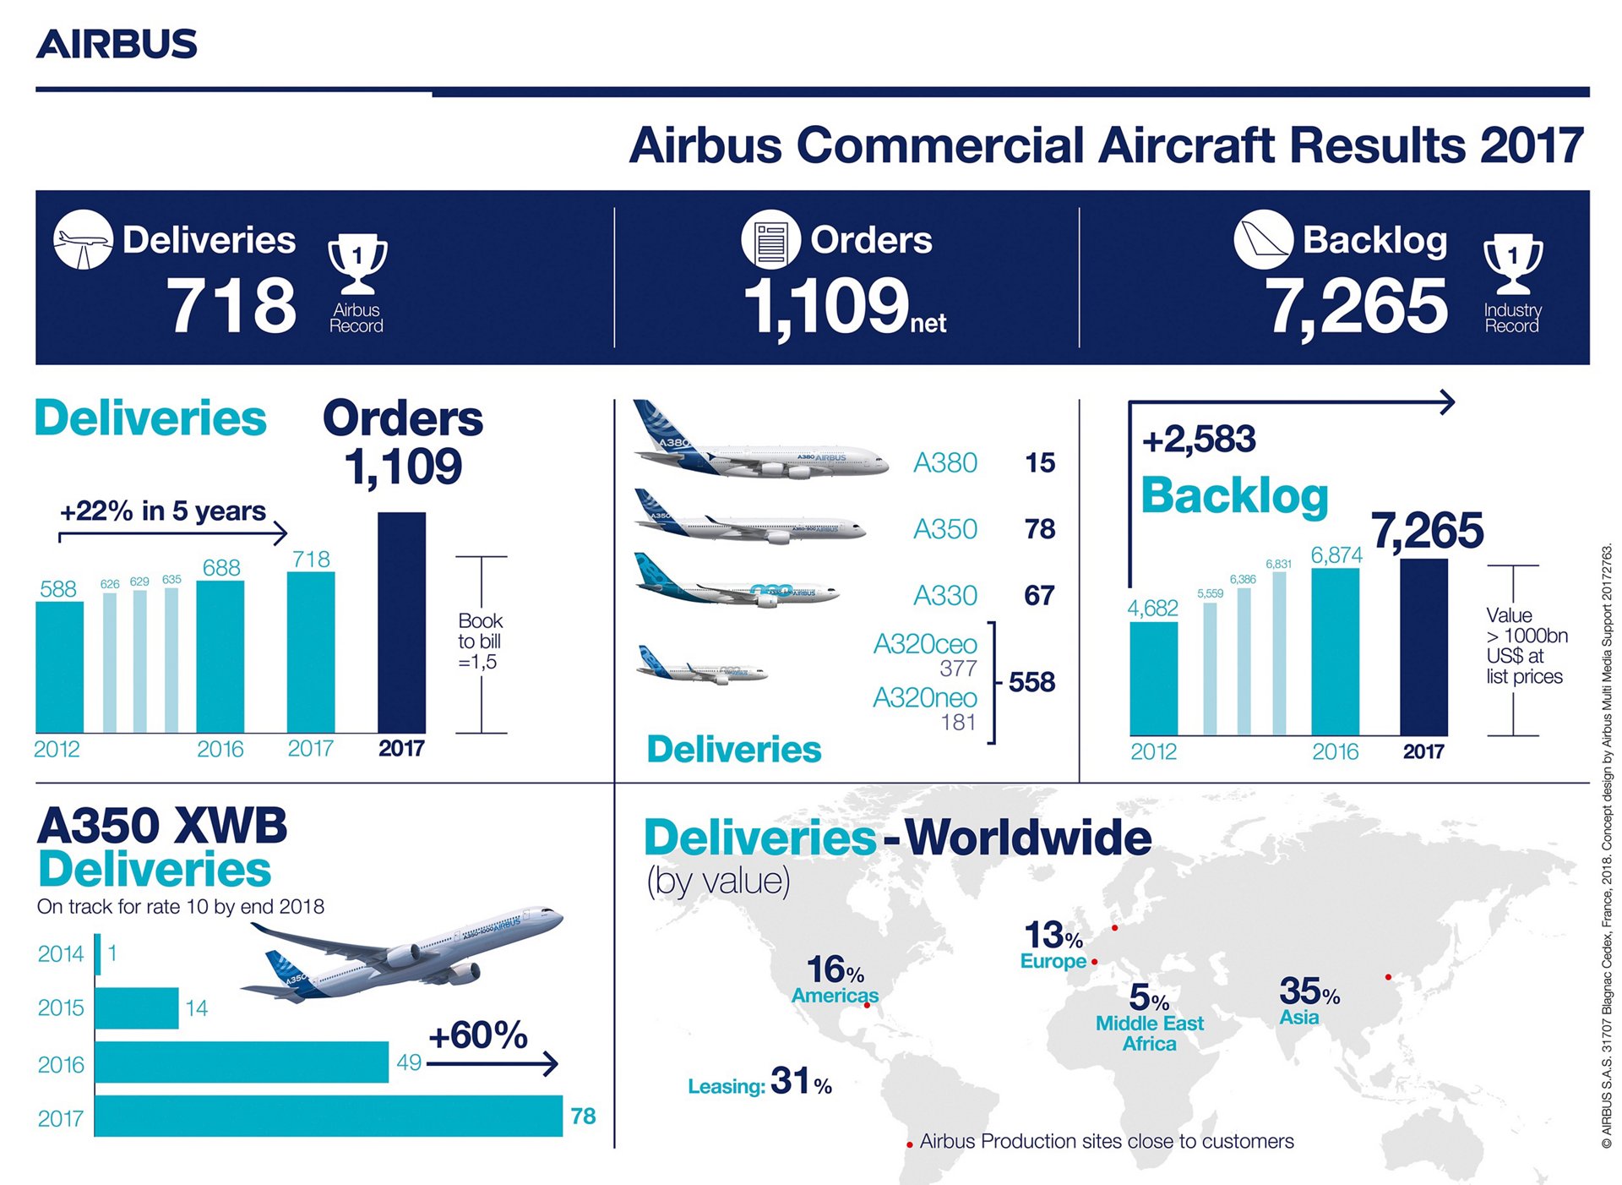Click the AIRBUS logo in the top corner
pos(117,44)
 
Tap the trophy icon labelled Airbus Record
pos(357,264)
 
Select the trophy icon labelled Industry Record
pos(1512,264)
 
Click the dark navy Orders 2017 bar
pos(401,622)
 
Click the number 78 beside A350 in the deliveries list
pos(1040,529)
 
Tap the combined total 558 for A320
pos(1032,682)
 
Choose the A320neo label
pos(925,698)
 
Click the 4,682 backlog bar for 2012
pos(1153,678)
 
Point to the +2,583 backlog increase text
pos(1199,440)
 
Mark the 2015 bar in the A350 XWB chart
pos(137,1008)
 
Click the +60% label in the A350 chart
pos(478,1035)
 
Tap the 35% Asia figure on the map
pos(1309,991)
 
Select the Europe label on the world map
pos(1053,961)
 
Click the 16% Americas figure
pos(835,970)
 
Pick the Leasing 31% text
pos(759,1083)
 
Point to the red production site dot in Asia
pos(1389,977)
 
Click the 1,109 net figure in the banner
pos(844,306)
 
